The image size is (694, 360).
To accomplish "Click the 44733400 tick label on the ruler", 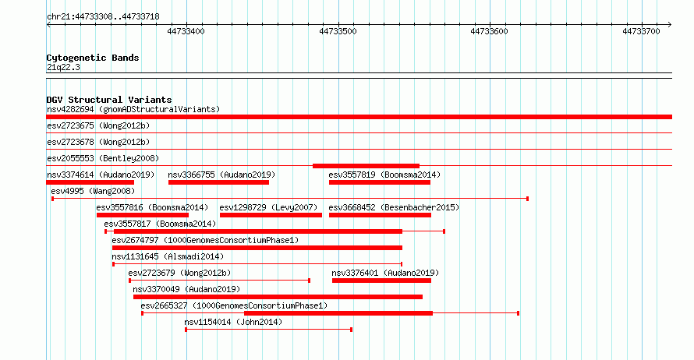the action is click(186, 31).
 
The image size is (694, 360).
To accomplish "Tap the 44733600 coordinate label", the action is click(489, 31).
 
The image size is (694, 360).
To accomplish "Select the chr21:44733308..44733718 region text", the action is click(103, 17).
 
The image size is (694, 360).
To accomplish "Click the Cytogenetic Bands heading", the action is click(93, 58).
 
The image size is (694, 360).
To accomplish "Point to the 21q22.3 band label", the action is click(63, 67).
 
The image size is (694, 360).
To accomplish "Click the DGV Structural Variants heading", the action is click(109, 100).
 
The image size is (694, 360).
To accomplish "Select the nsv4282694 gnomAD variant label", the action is click(133, 109).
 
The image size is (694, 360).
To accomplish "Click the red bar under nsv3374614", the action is click(90, 182).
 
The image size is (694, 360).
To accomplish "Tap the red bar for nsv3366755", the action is click(218, 182).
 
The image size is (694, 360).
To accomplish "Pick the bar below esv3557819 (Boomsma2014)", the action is click(380, 182).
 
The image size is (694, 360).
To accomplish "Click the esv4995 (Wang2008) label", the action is click(93, 191).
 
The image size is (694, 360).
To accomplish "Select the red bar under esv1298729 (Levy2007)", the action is click(271, 215).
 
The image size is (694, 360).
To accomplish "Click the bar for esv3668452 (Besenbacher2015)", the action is click(381, 215).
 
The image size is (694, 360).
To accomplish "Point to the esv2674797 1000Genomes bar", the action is click(257, 248).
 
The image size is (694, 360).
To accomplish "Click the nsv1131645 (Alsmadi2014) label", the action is click(168, 256).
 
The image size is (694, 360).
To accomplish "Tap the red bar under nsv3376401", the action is click(381, 281).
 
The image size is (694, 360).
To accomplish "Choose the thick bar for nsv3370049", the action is click(278, 297).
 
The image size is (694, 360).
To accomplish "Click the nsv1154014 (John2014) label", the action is click(233, 322).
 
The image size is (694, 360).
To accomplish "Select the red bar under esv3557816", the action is click(143, 215).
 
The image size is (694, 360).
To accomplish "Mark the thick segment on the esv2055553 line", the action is click(366, 166).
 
